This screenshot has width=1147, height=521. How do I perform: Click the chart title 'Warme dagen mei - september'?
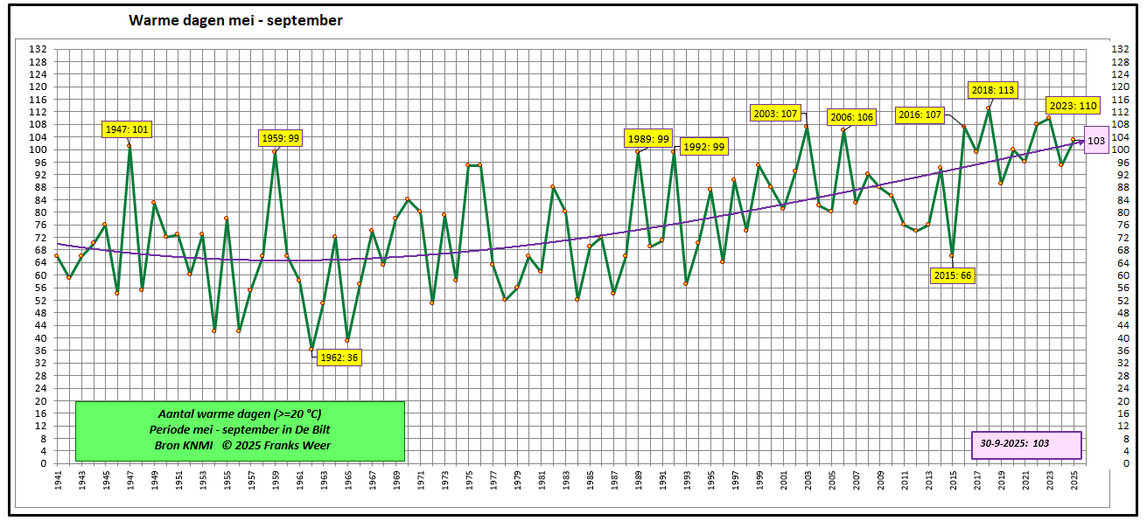coord(235,20)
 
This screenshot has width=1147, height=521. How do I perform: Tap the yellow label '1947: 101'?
coord(127,130)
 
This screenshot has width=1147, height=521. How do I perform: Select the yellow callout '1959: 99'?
coord(281,138)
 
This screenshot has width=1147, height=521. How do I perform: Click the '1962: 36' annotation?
coord(339,358)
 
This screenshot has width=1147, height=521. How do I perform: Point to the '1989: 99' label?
coord(648,138)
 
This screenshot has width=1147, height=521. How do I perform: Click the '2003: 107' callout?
coord(775,113)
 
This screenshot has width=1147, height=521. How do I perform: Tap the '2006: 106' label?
coord(852,117)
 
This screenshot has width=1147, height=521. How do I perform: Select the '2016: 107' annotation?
coord(920,115)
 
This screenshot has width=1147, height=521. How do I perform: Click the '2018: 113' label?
coord(993,89)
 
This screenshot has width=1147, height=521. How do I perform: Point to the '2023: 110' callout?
coord(1073,106)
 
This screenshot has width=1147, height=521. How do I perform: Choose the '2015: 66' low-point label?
coord(952,275)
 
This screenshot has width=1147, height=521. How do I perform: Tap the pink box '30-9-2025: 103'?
coord(1026,444)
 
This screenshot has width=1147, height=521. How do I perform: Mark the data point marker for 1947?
coord(129,146)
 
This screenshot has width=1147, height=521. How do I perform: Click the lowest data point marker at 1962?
coord(311,350)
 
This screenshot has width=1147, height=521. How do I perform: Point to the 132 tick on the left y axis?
coord(37,49)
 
